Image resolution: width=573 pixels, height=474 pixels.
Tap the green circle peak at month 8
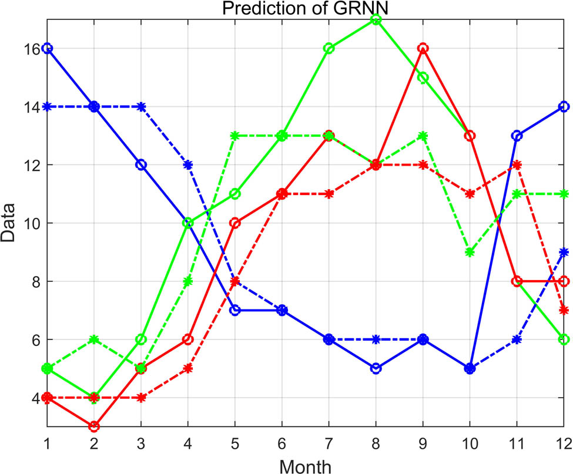[376, 19]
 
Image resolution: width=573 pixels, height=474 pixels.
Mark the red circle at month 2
[94, 426]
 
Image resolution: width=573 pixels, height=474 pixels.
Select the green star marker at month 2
[94, 339]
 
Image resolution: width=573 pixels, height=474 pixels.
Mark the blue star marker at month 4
[188, 164]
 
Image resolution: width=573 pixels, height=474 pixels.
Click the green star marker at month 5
[235, 136]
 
